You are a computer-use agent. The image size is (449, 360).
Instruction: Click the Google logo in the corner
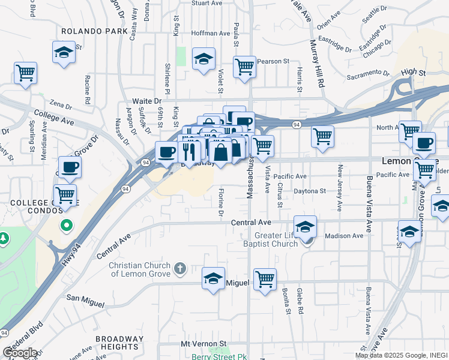point(20,353)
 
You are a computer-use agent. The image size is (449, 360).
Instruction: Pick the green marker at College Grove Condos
point(67,226)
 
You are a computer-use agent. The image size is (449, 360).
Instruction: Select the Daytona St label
point(310,191)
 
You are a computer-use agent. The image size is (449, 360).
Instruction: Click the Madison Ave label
point(344,236)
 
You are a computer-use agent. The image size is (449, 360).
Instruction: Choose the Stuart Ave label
point(207,3)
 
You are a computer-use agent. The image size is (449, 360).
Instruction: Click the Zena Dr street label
point(64,103)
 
